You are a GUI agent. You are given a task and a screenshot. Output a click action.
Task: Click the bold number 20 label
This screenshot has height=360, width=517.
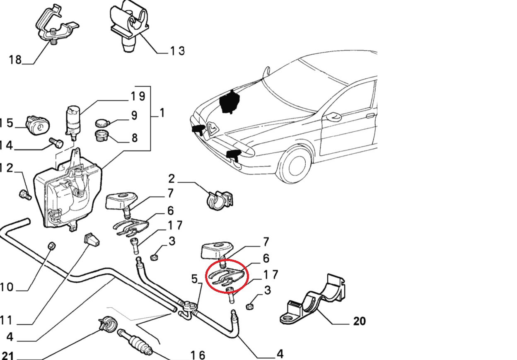(360, 321)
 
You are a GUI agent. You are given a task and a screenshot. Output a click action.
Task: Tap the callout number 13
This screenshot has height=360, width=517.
(177, 51)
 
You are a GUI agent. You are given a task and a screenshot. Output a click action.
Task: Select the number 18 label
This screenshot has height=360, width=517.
(15, 60)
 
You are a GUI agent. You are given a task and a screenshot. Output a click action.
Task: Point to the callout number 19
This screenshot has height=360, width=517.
(138, 97)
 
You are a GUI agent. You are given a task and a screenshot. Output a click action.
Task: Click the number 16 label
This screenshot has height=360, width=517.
(198, 355)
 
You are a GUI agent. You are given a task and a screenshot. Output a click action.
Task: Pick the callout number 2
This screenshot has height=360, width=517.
(172, 179)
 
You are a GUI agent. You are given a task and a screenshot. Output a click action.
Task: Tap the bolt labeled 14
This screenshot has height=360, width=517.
(56, 143)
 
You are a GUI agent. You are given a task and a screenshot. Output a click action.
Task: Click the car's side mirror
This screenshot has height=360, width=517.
(333, 116)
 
